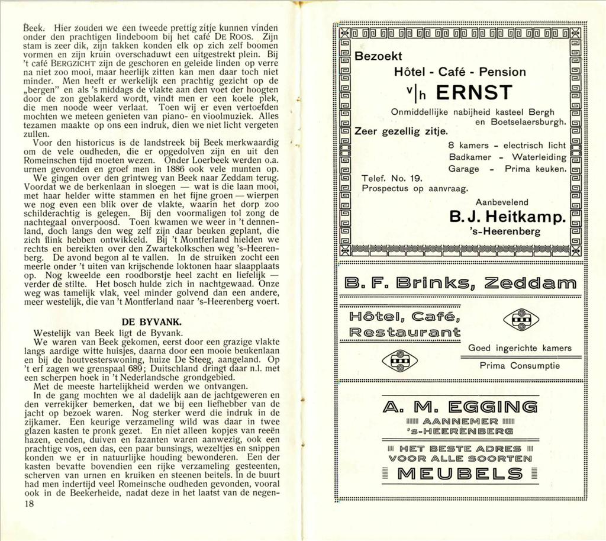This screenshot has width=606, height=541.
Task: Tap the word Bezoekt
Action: [x=378, y=56]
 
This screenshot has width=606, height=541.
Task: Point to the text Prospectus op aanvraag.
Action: [x=414, y=189]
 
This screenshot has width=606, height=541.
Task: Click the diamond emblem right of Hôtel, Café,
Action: [x=521, y=320]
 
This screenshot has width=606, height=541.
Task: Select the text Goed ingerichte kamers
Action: [x=520, y=348]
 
